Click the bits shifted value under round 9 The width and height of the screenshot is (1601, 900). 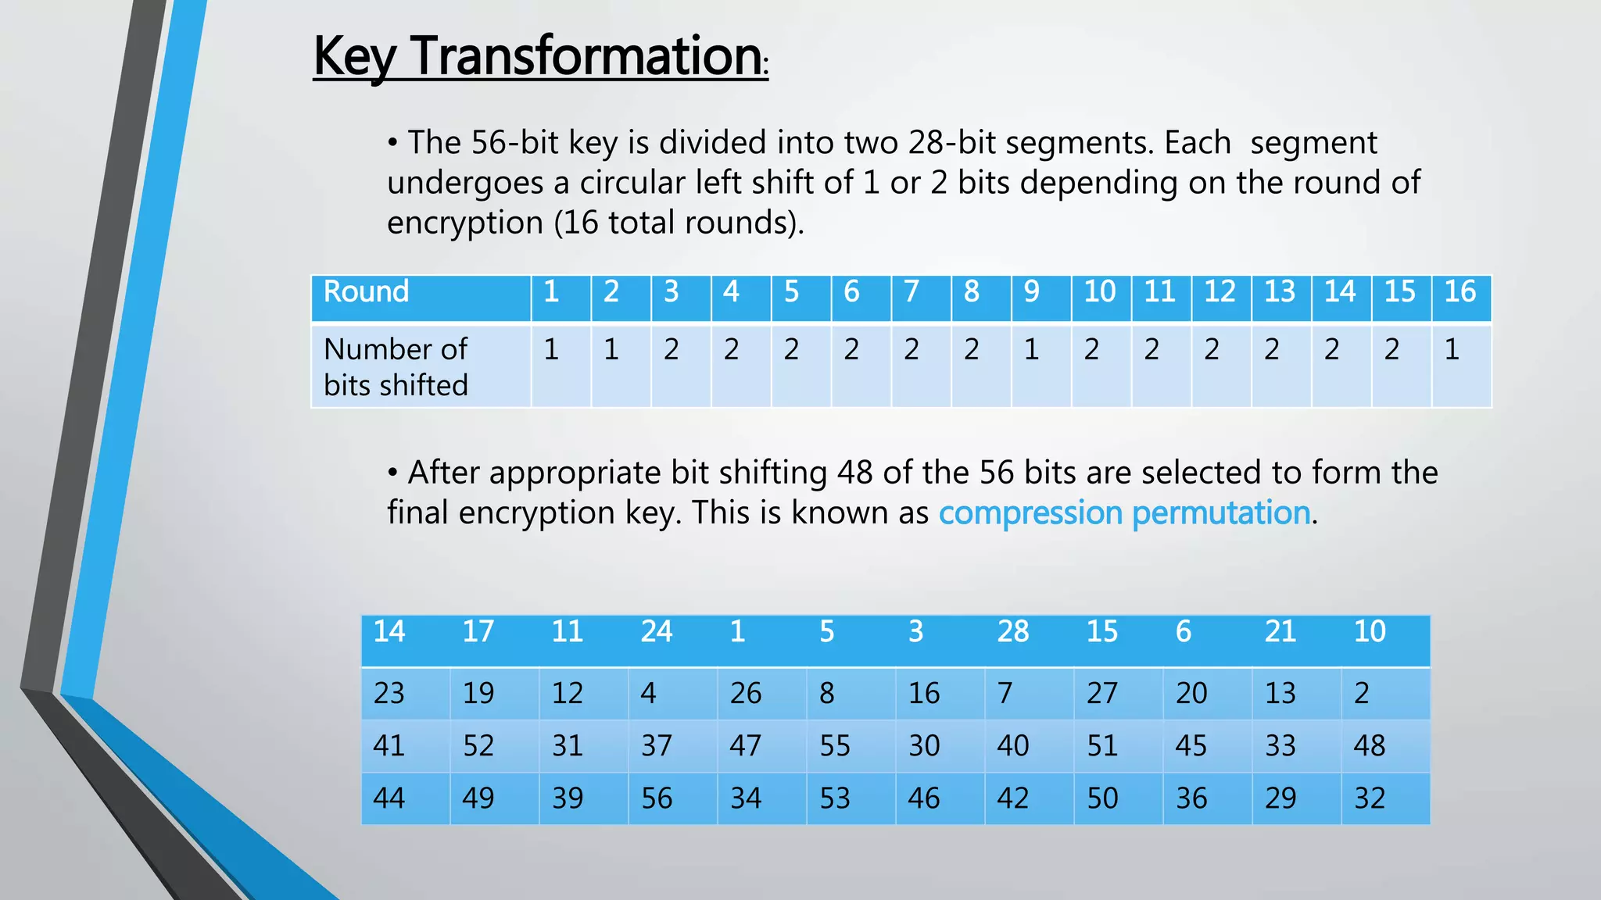(x=1032, y=349)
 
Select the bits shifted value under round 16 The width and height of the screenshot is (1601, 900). (x=1452, y=349)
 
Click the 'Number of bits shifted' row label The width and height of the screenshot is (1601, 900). (x=396, y=366)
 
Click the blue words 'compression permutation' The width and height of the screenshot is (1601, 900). (x=1124, y=512)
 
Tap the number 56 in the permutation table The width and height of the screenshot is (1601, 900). (x=657, y=798)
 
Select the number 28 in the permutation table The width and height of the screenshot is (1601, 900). (x=1013, y=631)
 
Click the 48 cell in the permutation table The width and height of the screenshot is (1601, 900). (x=1370, y=745)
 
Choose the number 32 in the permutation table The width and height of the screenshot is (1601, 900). (x=1370, y=798)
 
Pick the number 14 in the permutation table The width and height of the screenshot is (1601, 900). (x=389, y=631)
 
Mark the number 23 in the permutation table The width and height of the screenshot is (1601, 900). (x=389, y=693)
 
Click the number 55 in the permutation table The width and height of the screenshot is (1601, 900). (x=835, y=745)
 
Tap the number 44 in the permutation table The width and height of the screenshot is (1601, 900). (x=389, y=798)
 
